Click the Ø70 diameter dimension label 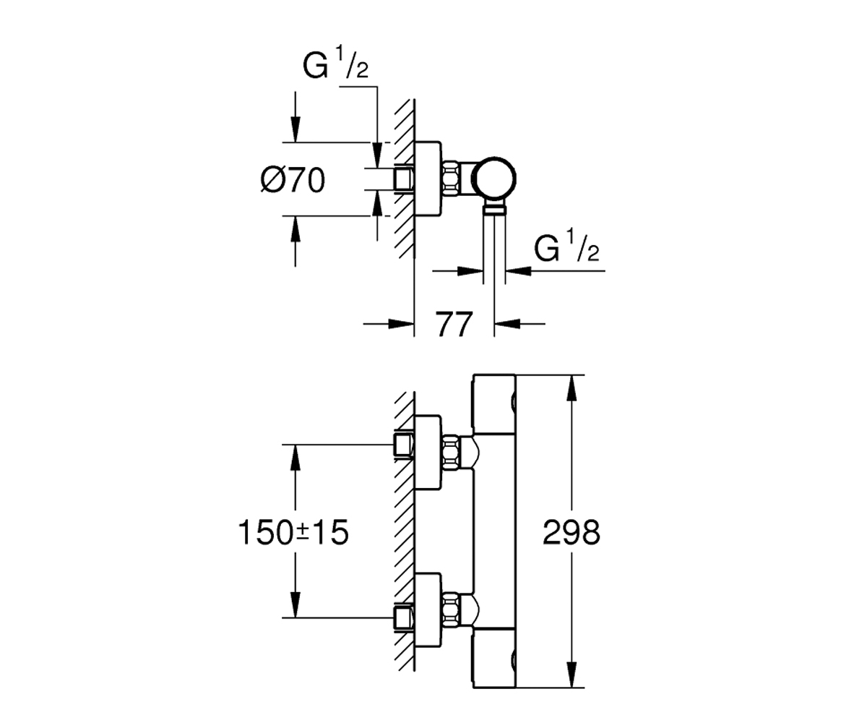(x=293, y=180)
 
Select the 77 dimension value (x=454, y=324)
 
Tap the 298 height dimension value (x=571, y=532)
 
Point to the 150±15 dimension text (x=293, y=533)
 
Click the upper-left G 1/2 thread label (x=335, y=63)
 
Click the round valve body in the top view (x=496, y=179)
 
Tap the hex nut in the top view (x=451, y=179)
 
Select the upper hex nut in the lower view (x=451, y=453)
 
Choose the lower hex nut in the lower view (x=451, y=610)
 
